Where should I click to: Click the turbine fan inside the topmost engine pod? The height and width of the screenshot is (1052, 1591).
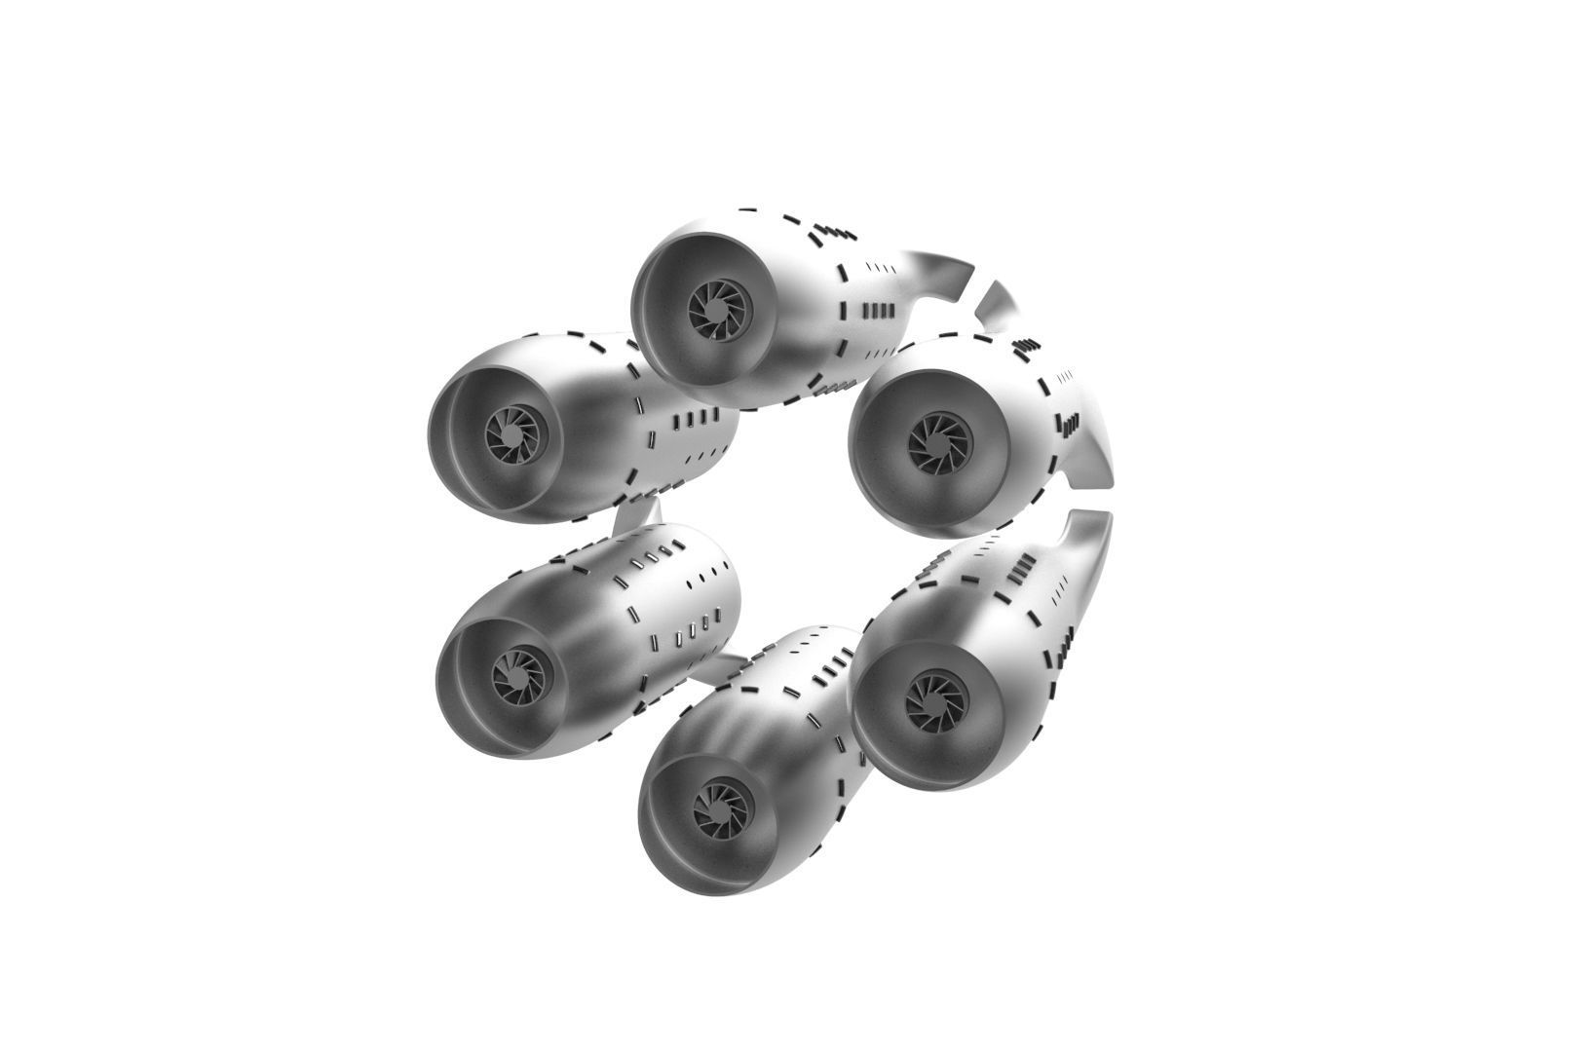click(721, 310)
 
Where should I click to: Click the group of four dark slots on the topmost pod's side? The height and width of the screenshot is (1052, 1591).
click(878, 312)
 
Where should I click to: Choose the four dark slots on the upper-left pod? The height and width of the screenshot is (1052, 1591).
click(694, 421)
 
